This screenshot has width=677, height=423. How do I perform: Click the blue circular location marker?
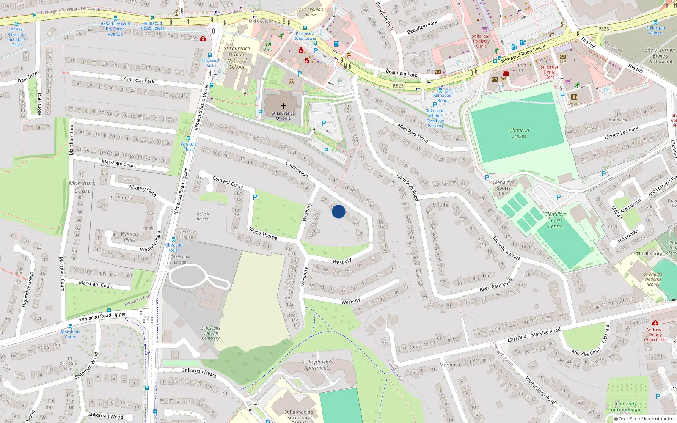click(338, 211)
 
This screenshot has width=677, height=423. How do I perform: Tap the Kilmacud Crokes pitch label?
click(519, 133)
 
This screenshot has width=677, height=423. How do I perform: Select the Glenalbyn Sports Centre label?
click(555, 220)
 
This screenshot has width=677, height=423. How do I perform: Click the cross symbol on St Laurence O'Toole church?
click(283, 106)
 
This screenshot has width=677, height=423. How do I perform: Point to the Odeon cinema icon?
click(574, 97)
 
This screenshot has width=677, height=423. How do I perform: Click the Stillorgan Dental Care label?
click(550, 72)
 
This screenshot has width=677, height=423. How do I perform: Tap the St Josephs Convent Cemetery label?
click(210, 333)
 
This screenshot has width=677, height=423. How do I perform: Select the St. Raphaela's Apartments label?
click(317, 365)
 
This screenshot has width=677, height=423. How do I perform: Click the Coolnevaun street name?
click(297, 169)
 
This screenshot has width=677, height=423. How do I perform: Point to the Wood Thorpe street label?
click(263, 233)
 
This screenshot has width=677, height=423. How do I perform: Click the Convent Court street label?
click(228, 182)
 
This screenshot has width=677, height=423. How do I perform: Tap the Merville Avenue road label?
click(506, 248)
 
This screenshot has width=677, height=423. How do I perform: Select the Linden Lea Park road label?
click(621, 133)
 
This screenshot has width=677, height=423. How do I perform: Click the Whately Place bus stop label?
click(188, 146)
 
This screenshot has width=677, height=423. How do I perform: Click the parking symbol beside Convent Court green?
click(255, 197)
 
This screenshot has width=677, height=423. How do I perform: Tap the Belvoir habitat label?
click(203, 216)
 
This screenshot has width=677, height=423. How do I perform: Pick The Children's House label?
click(310, 12)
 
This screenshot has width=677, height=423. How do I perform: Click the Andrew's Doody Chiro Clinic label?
click(655, 335)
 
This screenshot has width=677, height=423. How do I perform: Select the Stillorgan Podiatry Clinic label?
click(481, 41)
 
